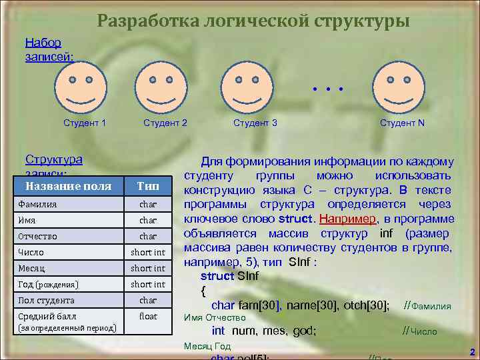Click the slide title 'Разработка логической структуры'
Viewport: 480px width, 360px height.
253,21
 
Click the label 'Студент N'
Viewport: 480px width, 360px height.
402,123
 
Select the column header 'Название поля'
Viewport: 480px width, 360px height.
68,185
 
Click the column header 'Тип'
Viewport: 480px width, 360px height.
147,185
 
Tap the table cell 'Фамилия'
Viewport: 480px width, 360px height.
39,204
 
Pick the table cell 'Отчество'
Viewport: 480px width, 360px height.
39,236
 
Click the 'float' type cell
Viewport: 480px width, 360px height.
147,316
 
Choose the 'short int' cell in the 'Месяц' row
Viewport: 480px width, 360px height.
147,268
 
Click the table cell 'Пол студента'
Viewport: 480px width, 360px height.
46,300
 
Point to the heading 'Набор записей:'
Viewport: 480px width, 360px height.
43,49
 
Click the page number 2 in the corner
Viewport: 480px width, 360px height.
471,351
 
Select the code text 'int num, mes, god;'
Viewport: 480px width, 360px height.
264,330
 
